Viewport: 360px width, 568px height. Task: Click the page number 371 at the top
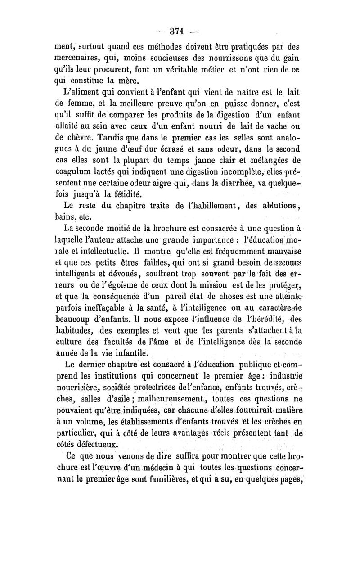179,31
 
